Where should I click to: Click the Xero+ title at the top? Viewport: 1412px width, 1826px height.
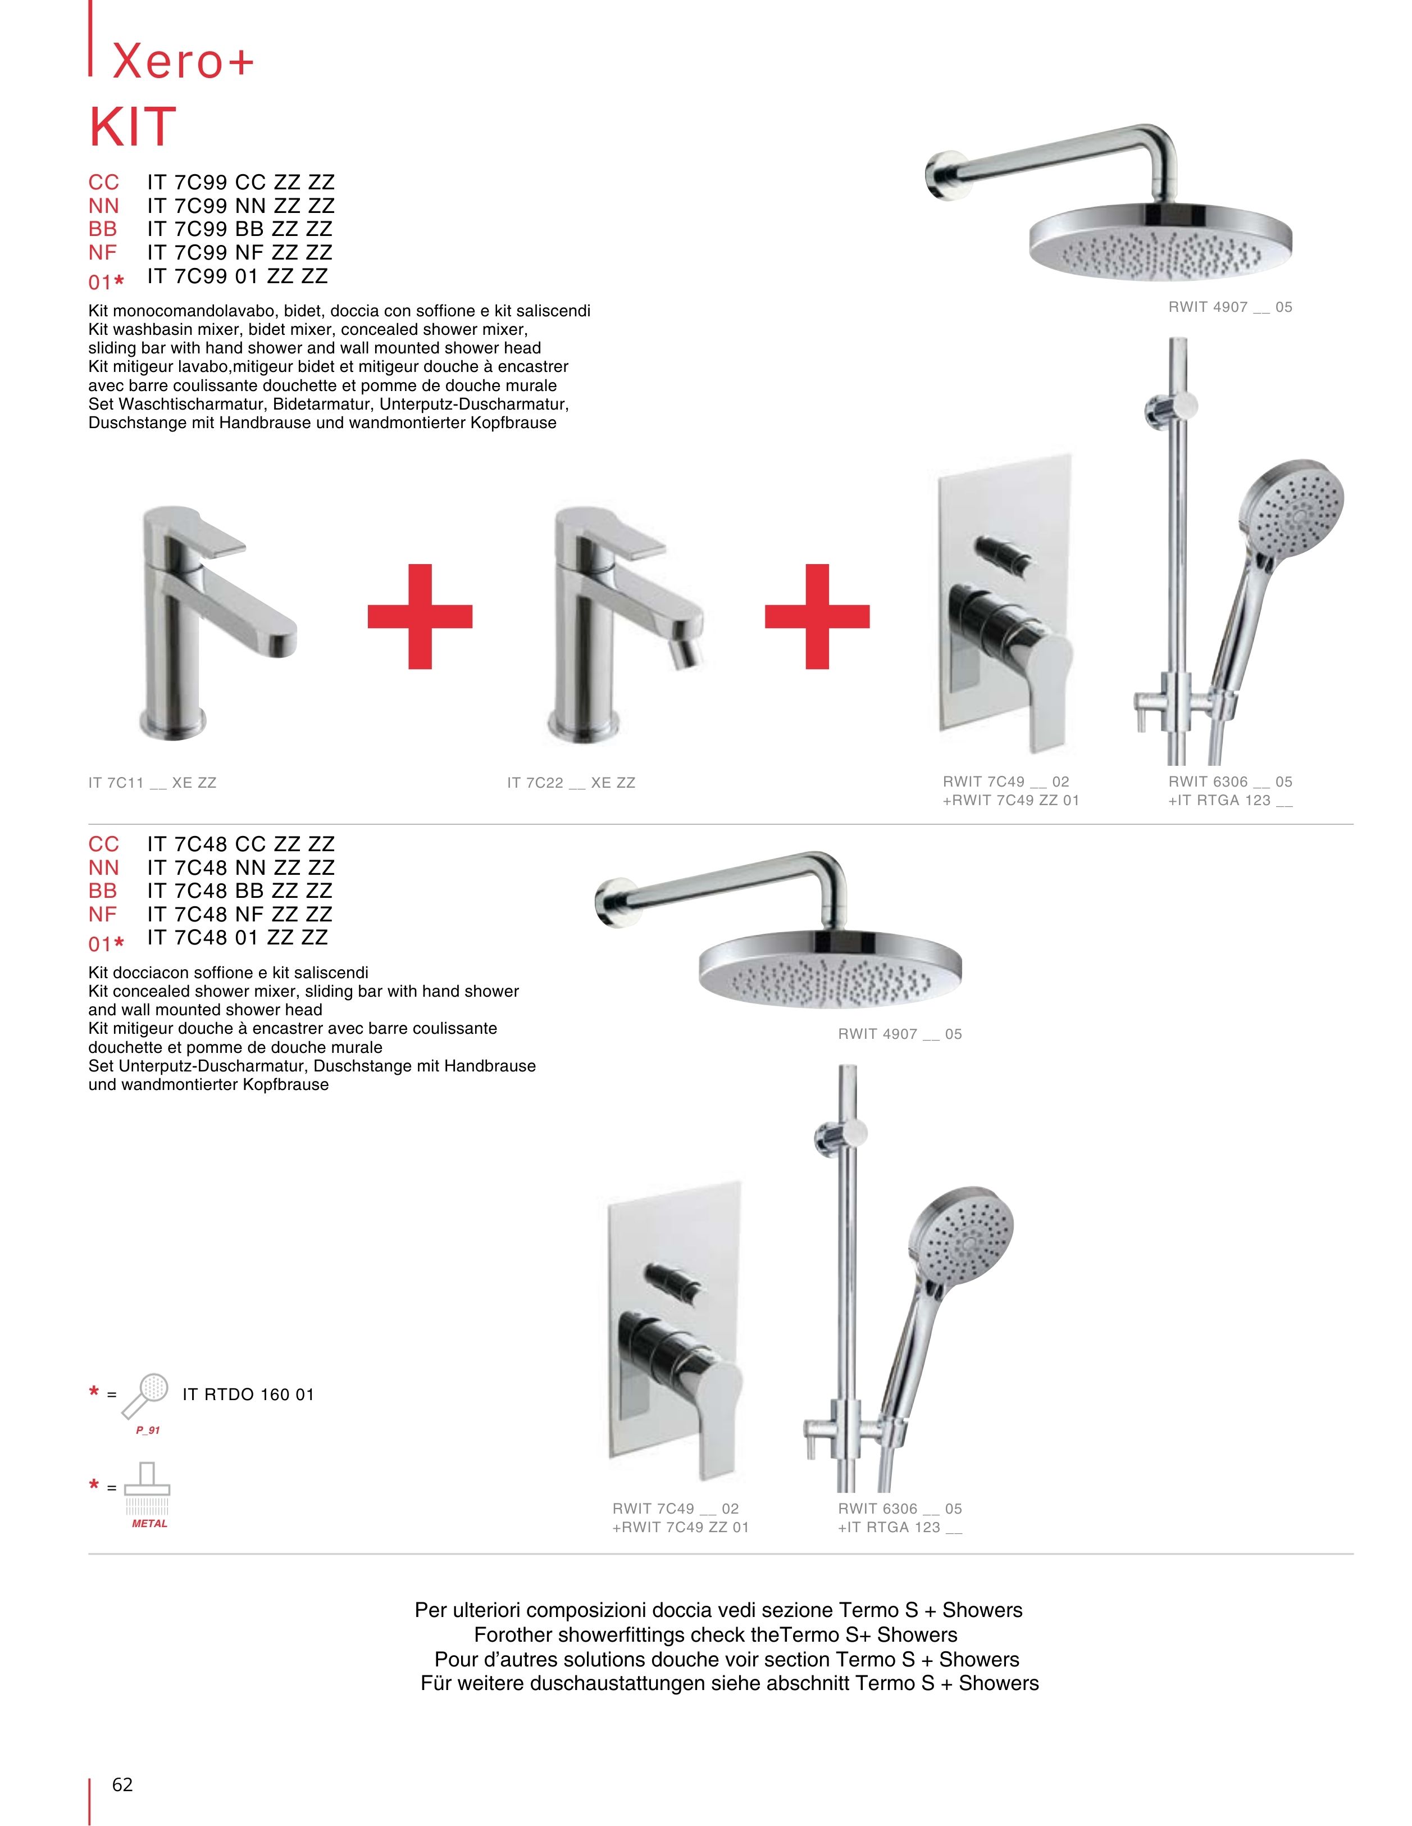(x=182, y=60)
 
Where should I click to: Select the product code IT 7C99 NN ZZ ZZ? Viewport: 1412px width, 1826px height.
(x=241, y=206)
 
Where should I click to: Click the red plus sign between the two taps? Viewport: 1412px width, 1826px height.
(x=420, y=616)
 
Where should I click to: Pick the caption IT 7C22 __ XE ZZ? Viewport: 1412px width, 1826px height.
(x=571, y=783)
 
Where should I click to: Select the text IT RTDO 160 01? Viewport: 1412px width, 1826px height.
(x=248, y=1395)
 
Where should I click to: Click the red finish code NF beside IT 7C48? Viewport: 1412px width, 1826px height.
(x=103, y=915)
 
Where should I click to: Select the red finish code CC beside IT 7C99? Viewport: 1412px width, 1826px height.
(x=104, y=182)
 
